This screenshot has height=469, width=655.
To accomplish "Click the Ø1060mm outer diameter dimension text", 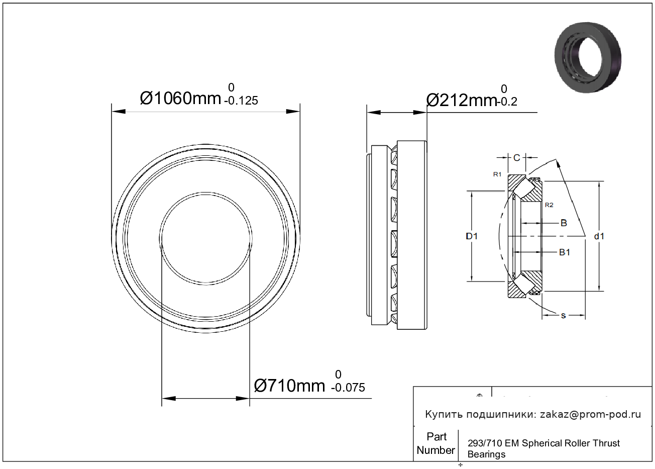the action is [x=180, y=98].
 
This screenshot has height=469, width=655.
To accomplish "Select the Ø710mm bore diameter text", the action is [x=289, y=386].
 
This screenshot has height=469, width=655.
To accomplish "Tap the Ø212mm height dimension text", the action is [x=462, y=101].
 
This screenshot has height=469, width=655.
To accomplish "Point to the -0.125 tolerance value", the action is [x=241, y=101].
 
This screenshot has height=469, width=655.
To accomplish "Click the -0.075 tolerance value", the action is [x=348, y=388].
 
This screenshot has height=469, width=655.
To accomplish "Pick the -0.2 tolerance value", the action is [x=507, y=102].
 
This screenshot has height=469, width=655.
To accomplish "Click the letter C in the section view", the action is [x=517, y=158].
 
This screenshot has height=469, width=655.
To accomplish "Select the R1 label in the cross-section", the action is [x=497, y=174].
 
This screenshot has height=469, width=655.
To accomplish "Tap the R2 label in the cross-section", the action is [x=549, y=205].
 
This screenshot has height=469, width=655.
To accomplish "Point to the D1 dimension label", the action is [x=472, y=236].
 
